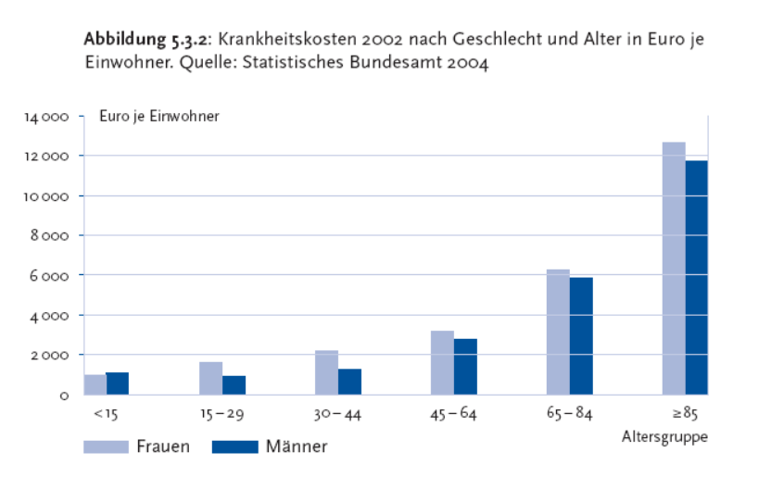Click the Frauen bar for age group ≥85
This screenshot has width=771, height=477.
click(x=674, y=268)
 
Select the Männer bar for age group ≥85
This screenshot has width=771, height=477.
click(x=696, y=277)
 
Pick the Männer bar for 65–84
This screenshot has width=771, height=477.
click(x=581, y=335)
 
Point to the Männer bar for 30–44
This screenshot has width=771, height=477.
click(x=349, y=382)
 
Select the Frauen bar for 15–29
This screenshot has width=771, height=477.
click(x=210, y=378)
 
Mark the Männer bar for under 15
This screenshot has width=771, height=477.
click(x=118, y=383)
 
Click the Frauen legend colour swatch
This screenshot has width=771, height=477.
click(x=106, y=446)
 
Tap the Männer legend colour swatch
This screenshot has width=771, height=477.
click(x=234, y=446)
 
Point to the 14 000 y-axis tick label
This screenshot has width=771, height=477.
click(x=53, y=118)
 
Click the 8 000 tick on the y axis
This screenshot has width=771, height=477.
click(x=57, y=236)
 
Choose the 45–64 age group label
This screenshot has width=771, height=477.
click(x=454, y=414)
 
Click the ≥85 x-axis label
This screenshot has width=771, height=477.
click(x=685, y=414)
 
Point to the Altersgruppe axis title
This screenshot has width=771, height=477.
click(x=664, y=434)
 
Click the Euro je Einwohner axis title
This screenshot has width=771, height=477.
click(x=159, y=116)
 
